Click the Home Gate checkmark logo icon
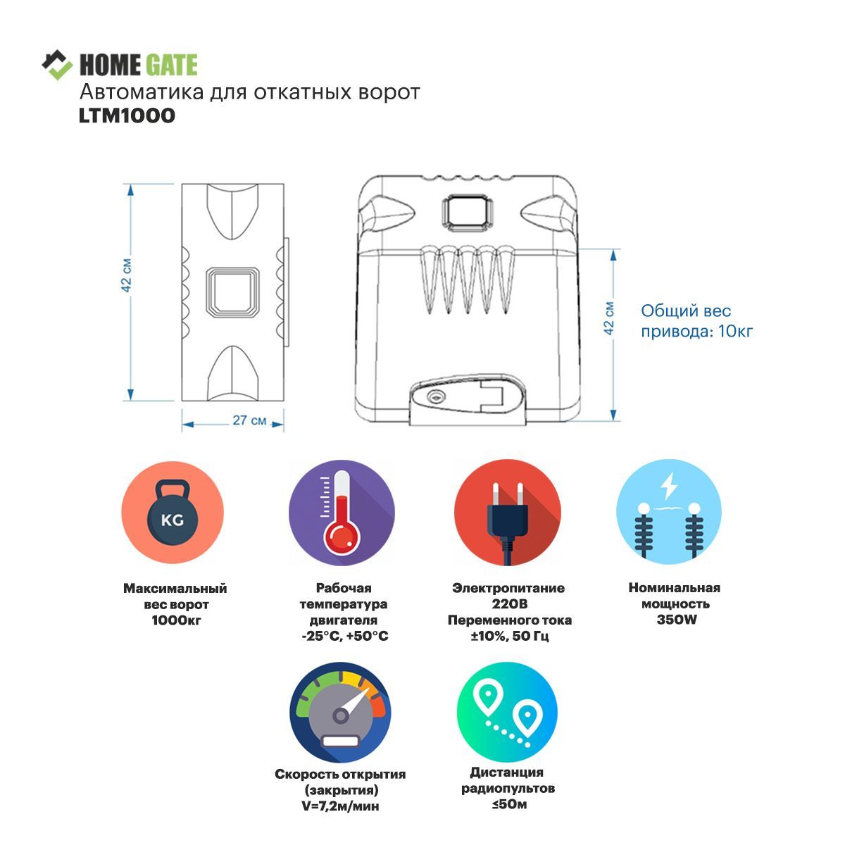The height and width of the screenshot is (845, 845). click(x=57, y=65)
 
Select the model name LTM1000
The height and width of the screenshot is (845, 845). click(x=127, y=115)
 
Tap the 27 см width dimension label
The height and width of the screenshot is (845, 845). click(x=249, y=420)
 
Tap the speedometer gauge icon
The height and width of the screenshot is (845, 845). click(x=342, y=712)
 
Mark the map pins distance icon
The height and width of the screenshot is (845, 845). click(x=507, y=712)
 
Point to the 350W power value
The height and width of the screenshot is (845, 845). click(x=674, y=620)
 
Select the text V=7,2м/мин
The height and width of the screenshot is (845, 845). click(x=340, y=806)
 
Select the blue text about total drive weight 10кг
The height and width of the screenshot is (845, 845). click(x=696, y=320)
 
